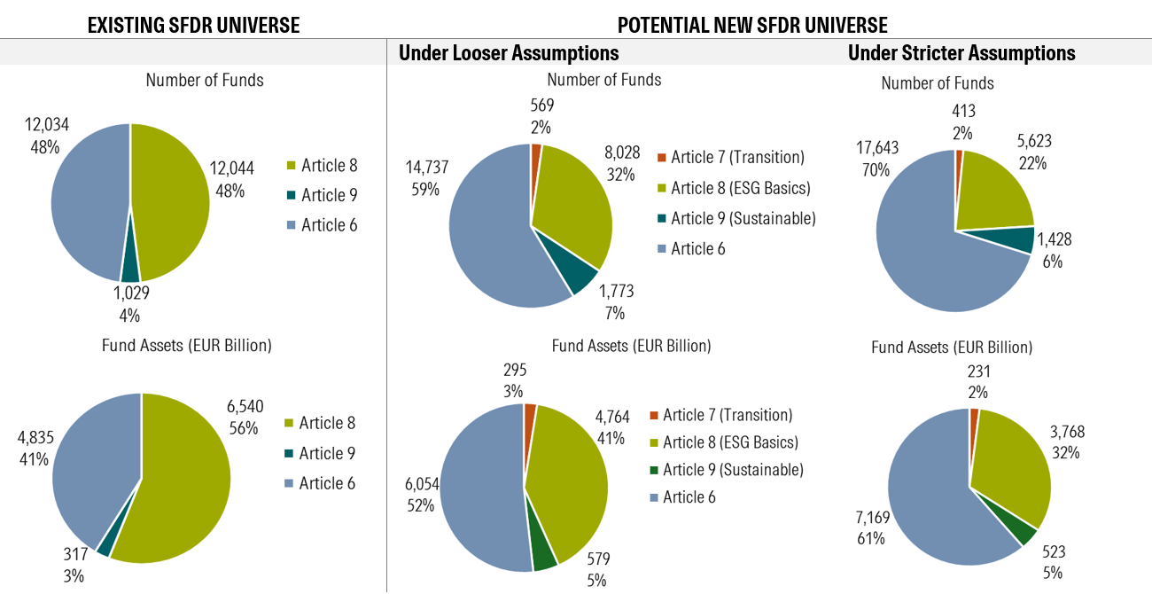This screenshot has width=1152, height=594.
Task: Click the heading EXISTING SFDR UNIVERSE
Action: point(193,25)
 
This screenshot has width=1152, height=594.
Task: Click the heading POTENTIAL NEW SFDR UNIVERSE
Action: point(752,25)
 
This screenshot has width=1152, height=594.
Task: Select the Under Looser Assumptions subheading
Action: point(509,53)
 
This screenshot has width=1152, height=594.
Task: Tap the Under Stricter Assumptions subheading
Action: point(961,53)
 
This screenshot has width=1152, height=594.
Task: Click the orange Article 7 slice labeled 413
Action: point(959,156)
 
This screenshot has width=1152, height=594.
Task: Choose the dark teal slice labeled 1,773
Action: point(582,277)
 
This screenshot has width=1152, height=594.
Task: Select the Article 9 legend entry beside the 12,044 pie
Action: point(322,195)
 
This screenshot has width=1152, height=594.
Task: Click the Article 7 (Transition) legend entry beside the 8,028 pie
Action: point(729,158)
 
